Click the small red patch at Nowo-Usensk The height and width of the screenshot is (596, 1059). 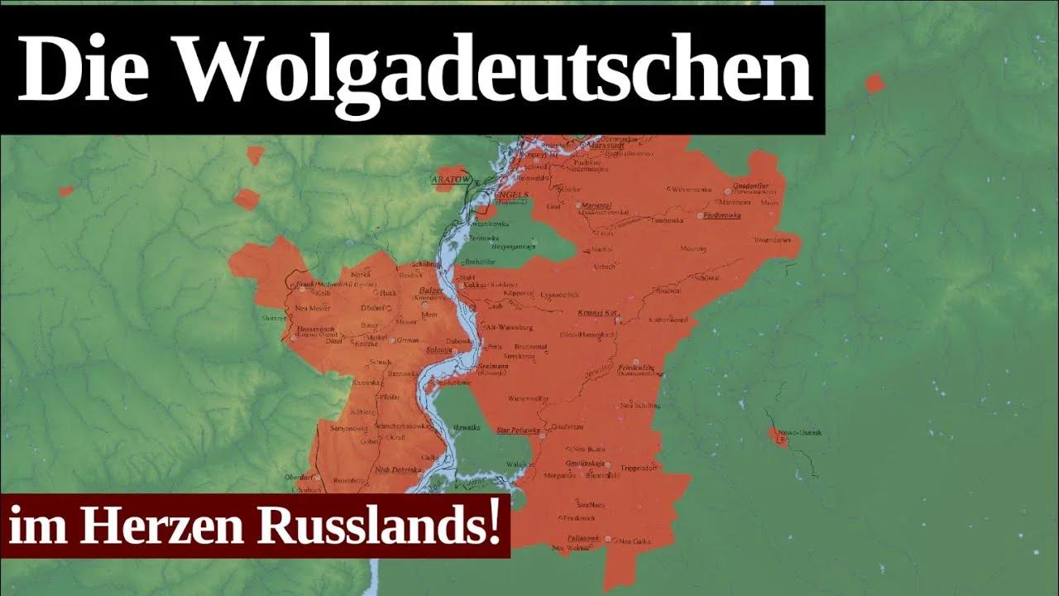(777, 436)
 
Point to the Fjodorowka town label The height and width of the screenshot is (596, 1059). (720, 214)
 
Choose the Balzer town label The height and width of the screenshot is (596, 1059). (431, 291)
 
